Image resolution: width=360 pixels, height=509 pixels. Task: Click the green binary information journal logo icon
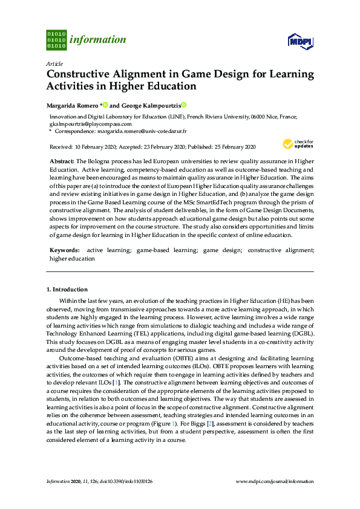(x=56, y=40)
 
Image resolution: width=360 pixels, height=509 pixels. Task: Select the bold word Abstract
(x=61, y=162)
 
